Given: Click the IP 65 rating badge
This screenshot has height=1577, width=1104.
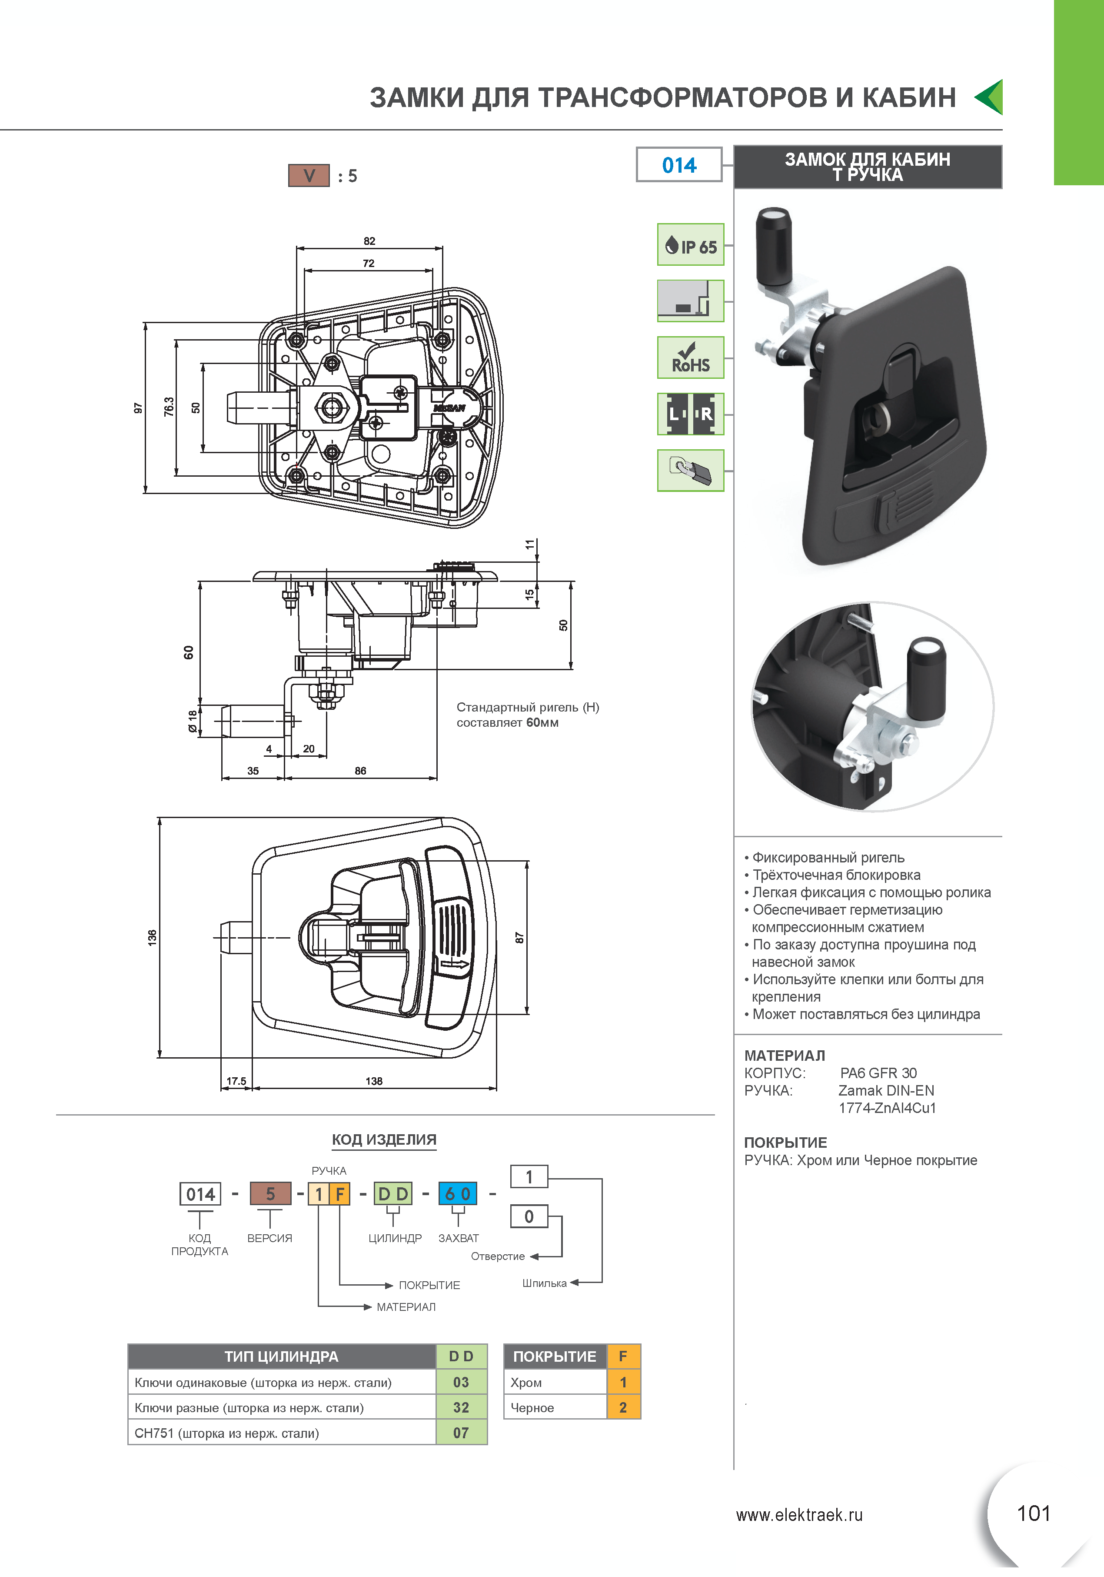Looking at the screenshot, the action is (x=690, y=244).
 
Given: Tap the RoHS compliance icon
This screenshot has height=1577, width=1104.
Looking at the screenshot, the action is (x=690, y=357).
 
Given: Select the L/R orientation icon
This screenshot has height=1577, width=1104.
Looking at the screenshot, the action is (x=690, y=414).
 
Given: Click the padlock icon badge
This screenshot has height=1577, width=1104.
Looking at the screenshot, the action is (x=690, y=471).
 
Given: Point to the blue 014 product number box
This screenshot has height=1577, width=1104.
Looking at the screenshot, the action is (x=679, y=165).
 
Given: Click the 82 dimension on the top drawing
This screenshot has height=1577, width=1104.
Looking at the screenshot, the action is (x=369, y=241).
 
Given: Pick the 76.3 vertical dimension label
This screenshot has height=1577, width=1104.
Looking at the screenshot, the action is (x=169, y=407).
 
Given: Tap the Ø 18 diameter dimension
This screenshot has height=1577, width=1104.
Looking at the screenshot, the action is (x=193, y=721).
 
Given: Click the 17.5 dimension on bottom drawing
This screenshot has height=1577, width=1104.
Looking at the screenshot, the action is (x=236, y=1081).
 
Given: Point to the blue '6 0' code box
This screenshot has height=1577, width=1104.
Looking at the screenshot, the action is (x=457, y=1194).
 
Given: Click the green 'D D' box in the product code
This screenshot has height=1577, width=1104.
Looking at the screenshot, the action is (x=393, y=1194).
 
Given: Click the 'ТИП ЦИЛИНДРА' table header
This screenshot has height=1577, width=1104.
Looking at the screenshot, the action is (x=282, y=1356).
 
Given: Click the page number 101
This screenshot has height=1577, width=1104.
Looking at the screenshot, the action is (x=1033, y=1513).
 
